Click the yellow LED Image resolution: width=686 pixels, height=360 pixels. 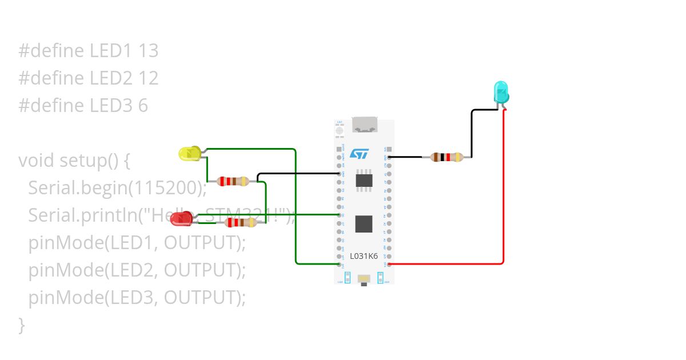click(189, 153)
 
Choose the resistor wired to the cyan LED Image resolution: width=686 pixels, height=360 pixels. click(446, 157)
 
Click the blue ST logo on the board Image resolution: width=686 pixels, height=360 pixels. click(360, 154)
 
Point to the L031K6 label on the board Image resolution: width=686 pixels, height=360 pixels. click(364, 256)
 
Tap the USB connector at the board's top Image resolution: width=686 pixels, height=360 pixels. click(364, 125)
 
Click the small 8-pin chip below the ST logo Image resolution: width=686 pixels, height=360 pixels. click(364, 181)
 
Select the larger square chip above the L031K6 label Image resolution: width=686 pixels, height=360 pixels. click(364, 223)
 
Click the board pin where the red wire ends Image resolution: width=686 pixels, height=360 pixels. click(389, 264)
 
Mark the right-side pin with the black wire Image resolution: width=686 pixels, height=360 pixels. click(389, 157)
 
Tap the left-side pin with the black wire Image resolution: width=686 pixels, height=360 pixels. click(340, 173)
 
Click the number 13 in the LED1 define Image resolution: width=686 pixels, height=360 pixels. click(148, 51)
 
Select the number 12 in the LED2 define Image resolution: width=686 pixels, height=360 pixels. click(148, 78)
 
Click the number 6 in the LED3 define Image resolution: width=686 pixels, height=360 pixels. click(143, 106)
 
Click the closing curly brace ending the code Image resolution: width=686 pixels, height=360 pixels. click(22, 325)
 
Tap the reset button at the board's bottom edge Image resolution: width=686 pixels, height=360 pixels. click(364, 278)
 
